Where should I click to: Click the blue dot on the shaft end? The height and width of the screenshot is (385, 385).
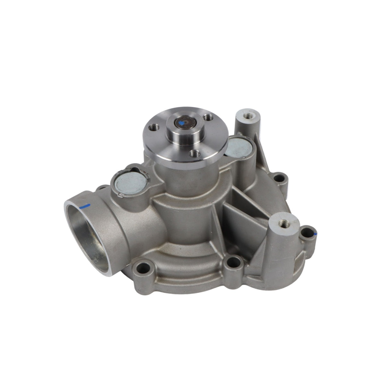click(182, 122)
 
